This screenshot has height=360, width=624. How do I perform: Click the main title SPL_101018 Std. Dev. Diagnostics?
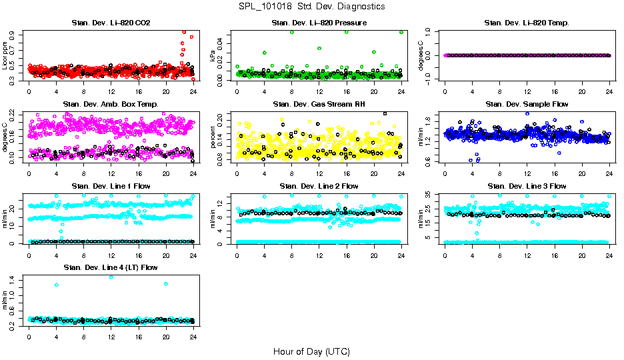pyautogui.click(x=311, y=7)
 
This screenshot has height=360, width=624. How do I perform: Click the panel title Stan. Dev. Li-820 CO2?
pyautogui.click(x=111, y=23)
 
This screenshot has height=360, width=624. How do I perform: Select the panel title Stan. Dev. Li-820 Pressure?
pyautogui.click(x=319, y=23)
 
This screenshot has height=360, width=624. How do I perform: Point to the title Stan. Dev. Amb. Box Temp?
pyautogui.click(x=111, y=105)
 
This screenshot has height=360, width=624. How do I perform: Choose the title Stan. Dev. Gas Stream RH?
pyautogui.click(x=319, y=105)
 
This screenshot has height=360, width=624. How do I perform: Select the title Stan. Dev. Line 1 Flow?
pyautogui.click(x=111, y=186)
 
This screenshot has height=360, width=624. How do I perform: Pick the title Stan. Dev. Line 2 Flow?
pyautogui.click(x=319, y=186)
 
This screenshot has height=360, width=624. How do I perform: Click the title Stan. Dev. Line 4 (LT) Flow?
pyautogui.click(x=111, y=267)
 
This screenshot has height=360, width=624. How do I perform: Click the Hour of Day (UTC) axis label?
pyautogui.click(x=311, y=351)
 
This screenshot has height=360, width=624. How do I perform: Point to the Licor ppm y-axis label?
pyautogui.click(x=5, y=55)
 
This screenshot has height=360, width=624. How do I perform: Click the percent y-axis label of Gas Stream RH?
pyautogui.click(x=213, y=137)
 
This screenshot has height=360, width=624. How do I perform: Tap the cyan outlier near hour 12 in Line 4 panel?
pyautogui.click(x=111, y=277)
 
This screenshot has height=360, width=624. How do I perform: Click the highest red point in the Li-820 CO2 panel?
pyautogui.click(x=184, y=31)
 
